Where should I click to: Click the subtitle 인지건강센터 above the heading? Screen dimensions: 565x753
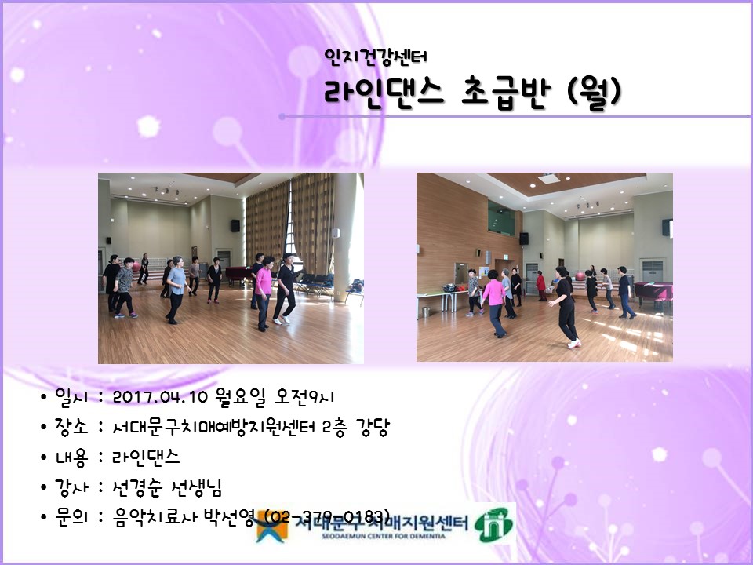[x=375, y=56]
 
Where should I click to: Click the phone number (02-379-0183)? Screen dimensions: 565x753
[x=328, y=516]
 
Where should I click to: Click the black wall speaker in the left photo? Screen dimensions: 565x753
[x=235, y=225]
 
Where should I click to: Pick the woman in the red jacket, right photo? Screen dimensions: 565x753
[x=540, y=283]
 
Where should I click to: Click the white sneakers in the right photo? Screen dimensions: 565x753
[x=574, y=343]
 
